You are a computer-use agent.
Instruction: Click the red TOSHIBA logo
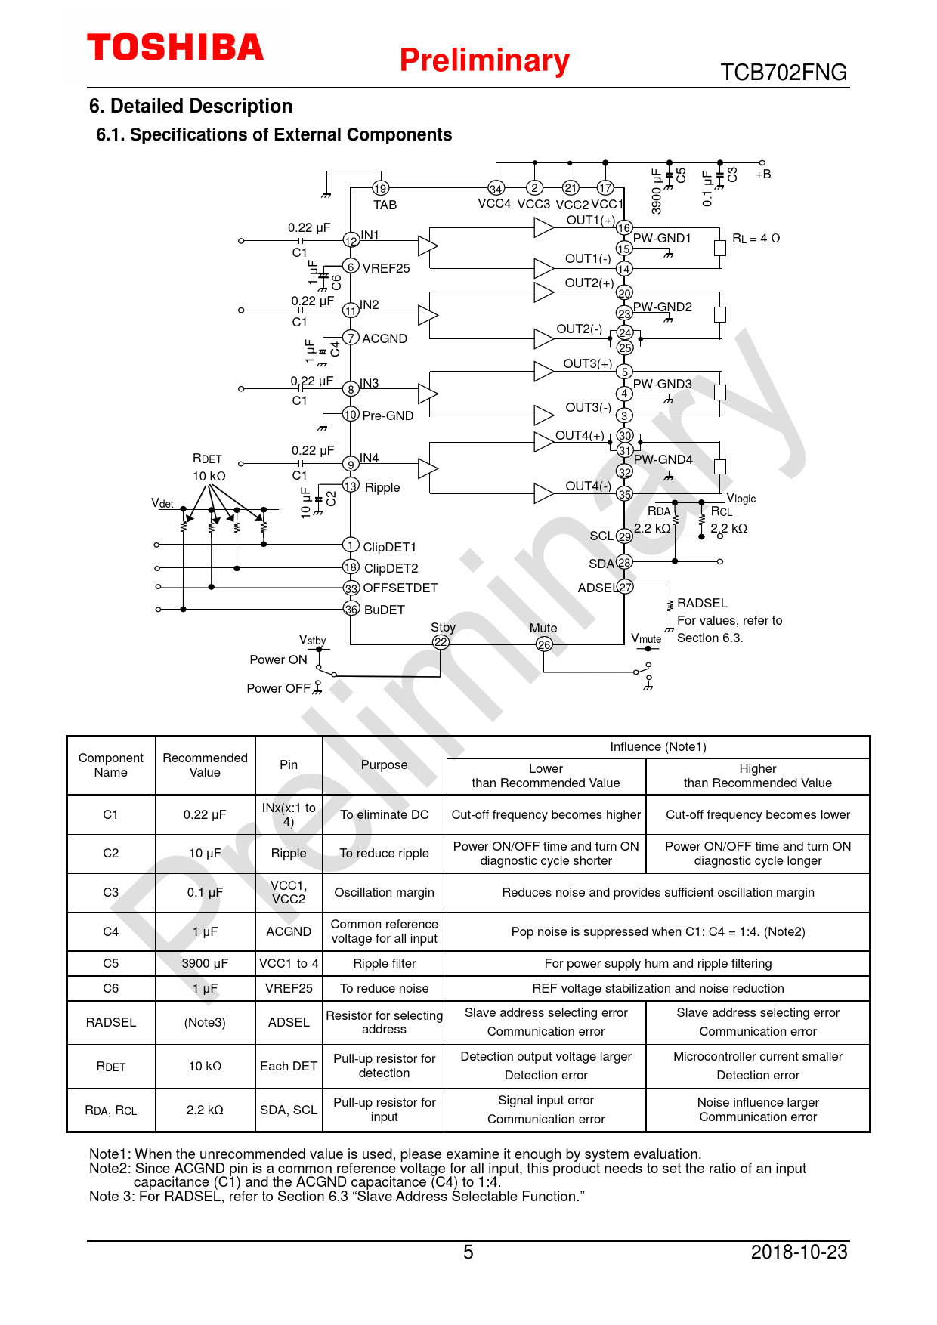click(x=175, y=48)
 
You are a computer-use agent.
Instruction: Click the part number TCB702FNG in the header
click(x=784, y=73)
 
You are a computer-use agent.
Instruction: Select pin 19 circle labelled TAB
click(x=380, y=188)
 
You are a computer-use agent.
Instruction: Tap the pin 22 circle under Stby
click(x=441, y=642)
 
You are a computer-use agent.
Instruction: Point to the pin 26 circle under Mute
click(x=544, y=644)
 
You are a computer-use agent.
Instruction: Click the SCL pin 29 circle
click(x=624, y=536)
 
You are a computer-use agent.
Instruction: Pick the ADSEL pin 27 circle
click(x=625, y=587)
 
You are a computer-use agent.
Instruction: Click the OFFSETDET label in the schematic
click(x=400, y=588)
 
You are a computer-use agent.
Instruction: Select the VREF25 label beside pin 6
click(x=385, y=268)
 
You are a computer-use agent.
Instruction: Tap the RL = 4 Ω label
click(x=756, y=239)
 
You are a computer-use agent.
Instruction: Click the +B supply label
click(x=763, y=175)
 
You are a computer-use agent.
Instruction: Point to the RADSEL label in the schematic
click(x=702, y=603)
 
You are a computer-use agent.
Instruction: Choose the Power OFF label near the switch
click(x=278, y=688)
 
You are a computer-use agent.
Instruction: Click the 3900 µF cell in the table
click(x=205, y=963)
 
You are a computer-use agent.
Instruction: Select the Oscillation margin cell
click(x=384, y=892)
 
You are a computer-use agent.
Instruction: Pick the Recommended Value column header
click(x=205, y=764)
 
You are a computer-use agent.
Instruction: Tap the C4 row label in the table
click(x=110, y=931)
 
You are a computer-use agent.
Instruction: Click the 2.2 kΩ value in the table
click(x=205, y=1110)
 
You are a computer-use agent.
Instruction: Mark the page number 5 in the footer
click(x=468, y=1252)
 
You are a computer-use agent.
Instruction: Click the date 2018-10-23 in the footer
click(x=799, y=1252)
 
